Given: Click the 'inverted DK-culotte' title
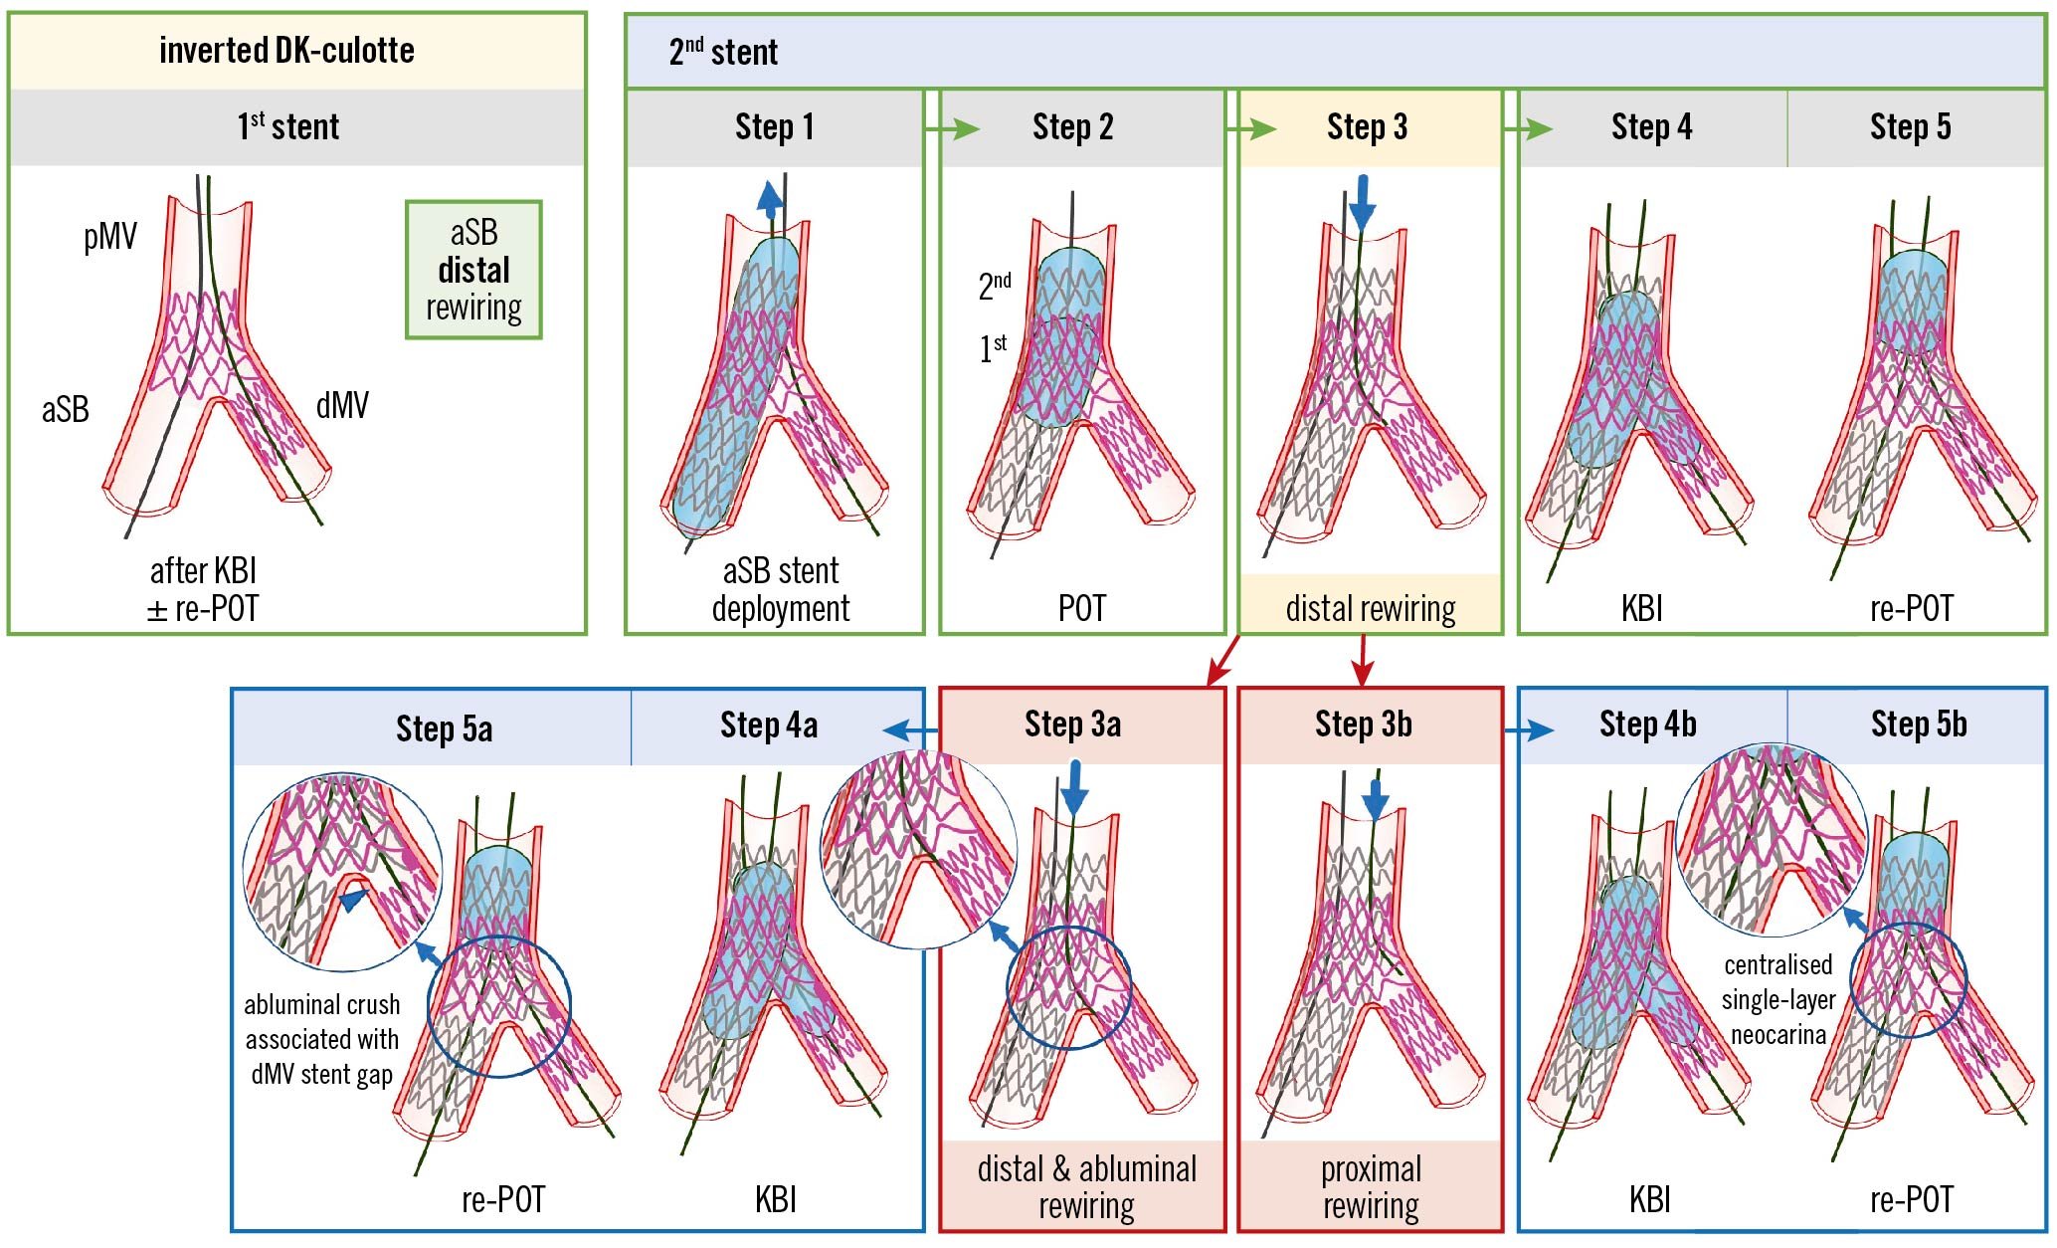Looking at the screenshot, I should point(286,51).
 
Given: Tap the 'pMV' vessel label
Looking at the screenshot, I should point(109,237).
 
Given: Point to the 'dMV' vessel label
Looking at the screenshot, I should point(342,405).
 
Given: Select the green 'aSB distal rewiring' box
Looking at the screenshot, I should point(473,270).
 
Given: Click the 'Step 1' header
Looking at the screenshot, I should point(774,127).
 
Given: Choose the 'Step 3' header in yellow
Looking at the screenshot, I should point(1367,127).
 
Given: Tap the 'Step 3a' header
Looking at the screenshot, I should point(1072,725).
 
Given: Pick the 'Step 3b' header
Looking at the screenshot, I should point(1363,725).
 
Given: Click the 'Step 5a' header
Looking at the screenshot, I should point(444,728).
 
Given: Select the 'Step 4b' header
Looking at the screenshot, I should point(1647,725).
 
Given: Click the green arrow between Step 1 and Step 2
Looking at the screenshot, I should point(952,128).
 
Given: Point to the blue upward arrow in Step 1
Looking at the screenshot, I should point(769,199).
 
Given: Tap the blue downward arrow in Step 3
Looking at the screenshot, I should point(1362,203).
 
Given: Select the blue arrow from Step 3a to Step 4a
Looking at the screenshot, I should point(909,730).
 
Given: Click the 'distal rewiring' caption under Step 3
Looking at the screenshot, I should point(1370,607).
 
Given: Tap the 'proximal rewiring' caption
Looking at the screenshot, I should point(1370,1186).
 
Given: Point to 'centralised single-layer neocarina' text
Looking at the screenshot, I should point(1777,999).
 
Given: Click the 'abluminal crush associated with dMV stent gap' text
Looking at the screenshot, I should point(321,1039).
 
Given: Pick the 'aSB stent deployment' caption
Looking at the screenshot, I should point(780,589).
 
